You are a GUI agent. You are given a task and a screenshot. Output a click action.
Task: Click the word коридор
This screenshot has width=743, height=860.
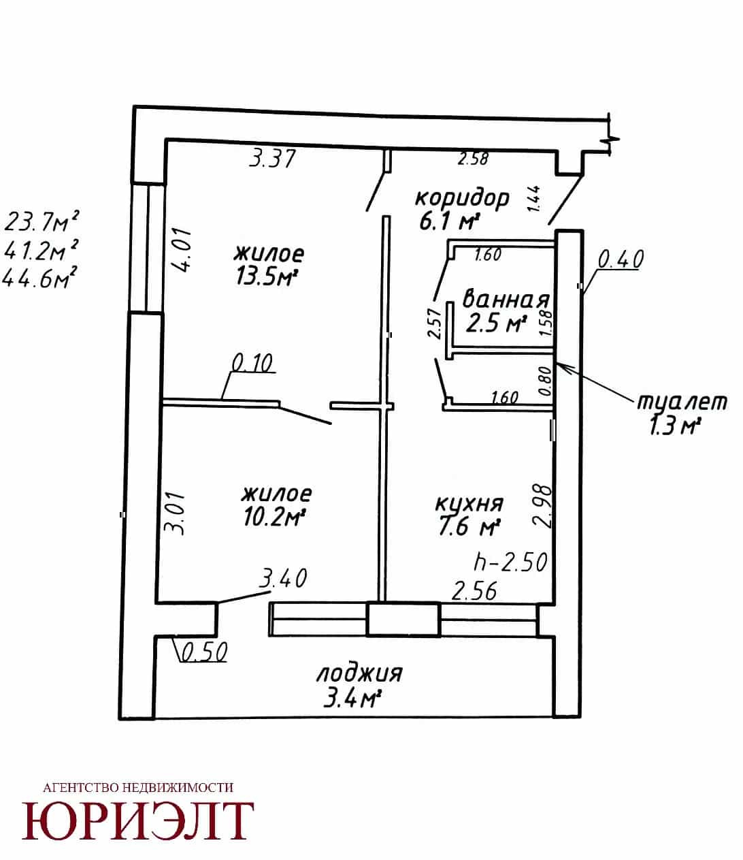[x=462, y=198]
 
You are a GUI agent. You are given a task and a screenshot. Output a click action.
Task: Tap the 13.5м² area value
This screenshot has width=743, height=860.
[x=268, y=276]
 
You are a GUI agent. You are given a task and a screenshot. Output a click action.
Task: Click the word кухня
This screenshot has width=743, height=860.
[x=469, y=504]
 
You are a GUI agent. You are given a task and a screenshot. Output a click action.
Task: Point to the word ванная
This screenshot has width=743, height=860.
[x=506, y=299]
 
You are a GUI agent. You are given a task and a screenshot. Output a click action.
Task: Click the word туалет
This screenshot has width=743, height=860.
[x=682, y=402]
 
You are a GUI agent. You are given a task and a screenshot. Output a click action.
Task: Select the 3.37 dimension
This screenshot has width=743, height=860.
[x=272, y=159]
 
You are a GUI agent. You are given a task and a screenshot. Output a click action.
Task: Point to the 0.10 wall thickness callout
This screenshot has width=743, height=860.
[x=252, y=363]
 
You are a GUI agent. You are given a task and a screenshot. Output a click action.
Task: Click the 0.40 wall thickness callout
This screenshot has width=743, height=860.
[x=621, y=259]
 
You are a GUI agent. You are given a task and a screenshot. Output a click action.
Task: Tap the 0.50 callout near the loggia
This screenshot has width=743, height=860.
[x=205, y=652]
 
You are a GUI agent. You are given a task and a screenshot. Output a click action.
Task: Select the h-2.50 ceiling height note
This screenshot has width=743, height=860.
[x=511, y=562]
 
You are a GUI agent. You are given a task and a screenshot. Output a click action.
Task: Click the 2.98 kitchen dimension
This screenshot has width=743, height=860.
[x=542, y=505]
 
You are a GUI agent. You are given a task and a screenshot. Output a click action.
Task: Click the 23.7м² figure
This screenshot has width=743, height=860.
[x=42, y=221]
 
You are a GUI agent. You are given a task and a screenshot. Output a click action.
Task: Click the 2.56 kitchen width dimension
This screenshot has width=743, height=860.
[x=474, y=591]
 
